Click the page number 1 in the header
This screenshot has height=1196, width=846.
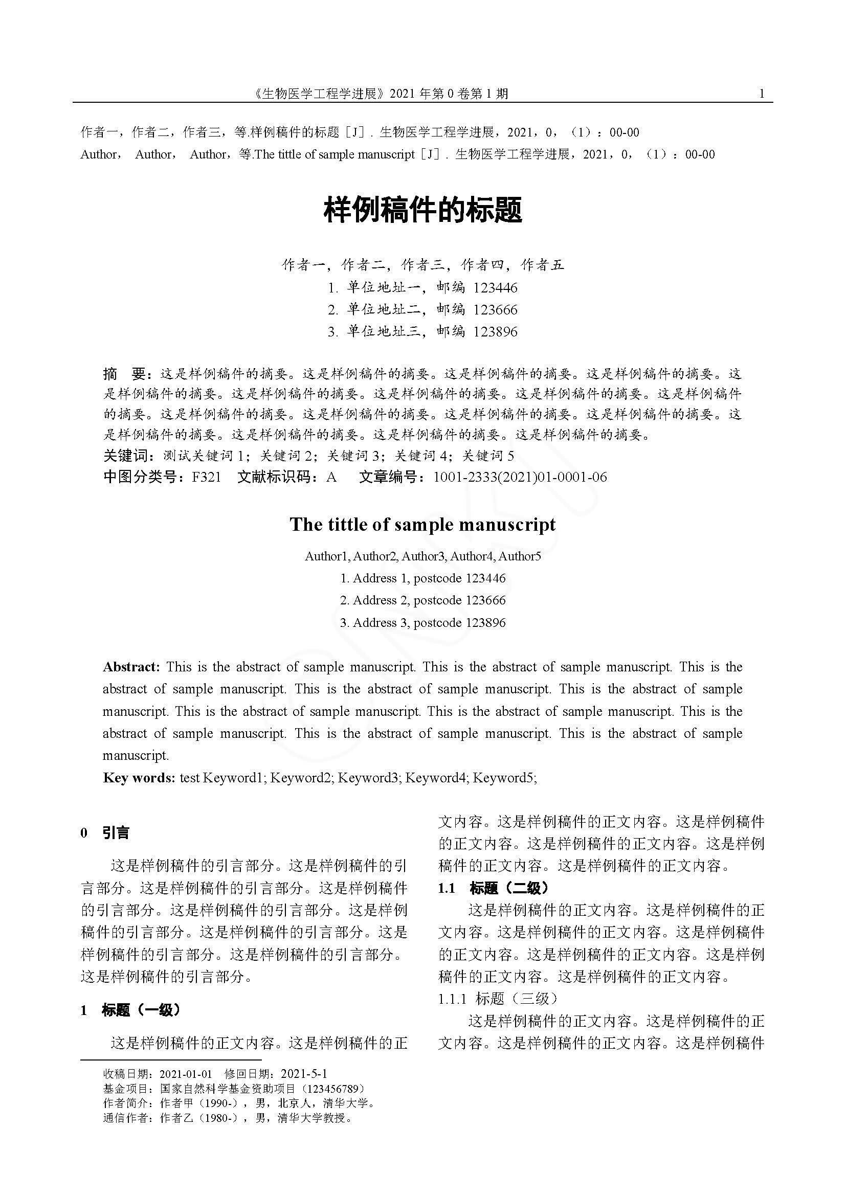click(x=762, y=94)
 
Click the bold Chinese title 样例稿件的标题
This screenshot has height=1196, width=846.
click(x=422, y=211)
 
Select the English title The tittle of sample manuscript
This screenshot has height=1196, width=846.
click(x=422, y=525)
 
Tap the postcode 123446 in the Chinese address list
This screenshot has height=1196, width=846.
click(x=496, y=288)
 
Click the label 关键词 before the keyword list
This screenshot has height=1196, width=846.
click(x=126, y=456)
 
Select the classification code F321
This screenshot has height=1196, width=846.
click(x=206, y=478)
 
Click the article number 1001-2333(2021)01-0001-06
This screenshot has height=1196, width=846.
click(x=520, y=478)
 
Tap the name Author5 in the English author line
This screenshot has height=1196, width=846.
click(x=520, y=557)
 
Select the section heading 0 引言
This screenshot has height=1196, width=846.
click(x=105, y=833)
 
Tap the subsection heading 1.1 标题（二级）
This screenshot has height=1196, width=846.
click(x=493, y=888)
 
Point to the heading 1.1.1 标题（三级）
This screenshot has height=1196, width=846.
click(x=498, y=999)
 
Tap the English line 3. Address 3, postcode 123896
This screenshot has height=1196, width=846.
click(x=422, y=623)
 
